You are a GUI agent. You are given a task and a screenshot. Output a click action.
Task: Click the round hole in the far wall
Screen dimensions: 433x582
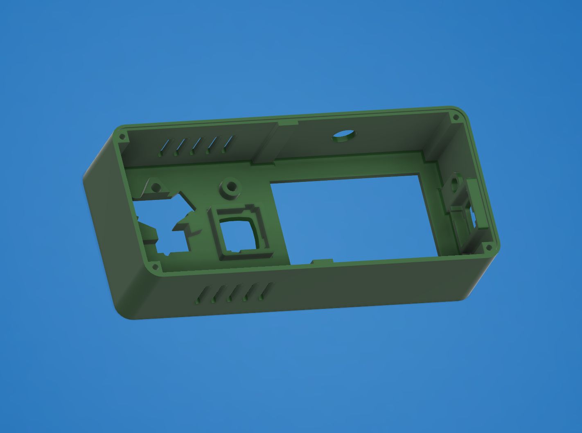click(344, 136)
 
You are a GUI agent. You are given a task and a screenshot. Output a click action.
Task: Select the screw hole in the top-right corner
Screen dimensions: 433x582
click(456, 118)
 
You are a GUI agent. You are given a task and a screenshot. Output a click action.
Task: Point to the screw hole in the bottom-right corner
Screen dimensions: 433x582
click(488, 247)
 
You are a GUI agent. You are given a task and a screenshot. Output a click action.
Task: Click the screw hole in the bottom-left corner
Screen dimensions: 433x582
click(155, 267)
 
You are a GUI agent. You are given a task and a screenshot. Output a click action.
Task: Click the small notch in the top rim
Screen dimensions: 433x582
click(288, 122)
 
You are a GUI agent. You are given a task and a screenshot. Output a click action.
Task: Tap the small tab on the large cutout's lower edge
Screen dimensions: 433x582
click(322, 261)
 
